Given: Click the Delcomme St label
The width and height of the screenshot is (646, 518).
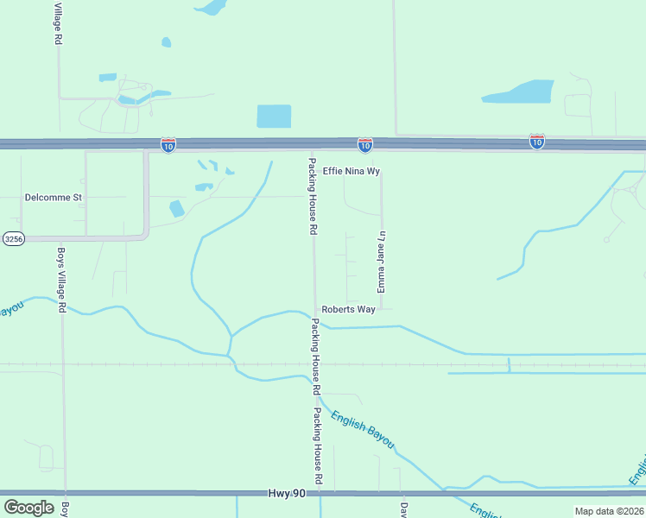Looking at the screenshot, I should click(53, 198).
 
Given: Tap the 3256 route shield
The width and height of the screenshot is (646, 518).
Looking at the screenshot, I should click(12, 239).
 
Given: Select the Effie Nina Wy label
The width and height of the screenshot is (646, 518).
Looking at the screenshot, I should click(351, 172).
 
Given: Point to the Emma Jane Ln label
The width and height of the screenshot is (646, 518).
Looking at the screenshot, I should click(380, 261).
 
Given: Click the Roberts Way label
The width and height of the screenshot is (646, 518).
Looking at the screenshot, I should click(349, 309).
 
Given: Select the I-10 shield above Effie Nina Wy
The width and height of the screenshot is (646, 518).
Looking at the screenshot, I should click(365, 145).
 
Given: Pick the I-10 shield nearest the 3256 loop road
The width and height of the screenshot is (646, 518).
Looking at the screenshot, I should click(168, 145).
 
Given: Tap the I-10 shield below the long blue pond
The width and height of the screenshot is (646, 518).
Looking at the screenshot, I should click(537, 142).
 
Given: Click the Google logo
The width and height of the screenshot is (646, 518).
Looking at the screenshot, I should click(28, 508).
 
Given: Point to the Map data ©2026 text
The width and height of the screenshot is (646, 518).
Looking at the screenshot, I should click(609, 511).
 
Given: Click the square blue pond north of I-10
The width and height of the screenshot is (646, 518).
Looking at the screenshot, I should click(274, 116).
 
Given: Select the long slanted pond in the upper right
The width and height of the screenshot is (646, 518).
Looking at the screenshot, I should click(518, 92).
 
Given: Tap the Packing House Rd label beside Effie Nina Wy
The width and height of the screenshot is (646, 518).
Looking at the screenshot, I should click(313, 197).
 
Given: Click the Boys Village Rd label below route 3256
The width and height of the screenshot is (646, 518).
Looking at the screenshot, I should click(61, 281).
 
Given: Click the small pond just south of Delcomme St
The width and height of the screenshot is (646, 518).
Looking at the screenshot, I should click(176, 208).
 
